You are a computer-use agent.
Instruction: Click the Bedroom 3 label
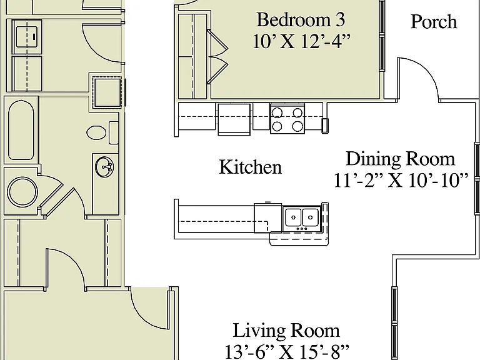click(x=301, y=20)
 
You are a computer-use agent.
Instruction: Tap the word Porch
click(x=434, y=22)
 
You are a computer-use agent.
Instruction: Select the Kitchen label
click(x=251, y=167)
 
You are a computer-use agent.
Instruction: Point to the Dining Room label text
click(x=401, y=159)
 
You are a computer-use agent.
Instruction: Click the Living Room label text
click(x=286, y=331)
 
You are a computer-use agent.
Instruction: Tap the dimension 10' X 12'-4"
click(x=301, y=41)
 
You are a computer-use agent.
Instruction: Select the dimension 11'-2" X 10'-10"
click(x=401, y=180)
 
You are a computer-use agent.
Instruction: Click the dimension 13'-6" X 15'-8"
click(x=287, y=352)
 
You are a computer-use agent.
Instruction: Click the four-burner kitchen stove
click(x=287, y=119)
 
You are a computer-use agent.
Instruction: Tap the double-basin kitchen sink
click(x=302, y=217)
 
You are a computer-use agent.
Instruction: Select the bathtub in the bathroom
click(x=21, y=131)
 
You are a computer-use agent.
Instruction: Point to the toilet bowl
click(x=97, y=133)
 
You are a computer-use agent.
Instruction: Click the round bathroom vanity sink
click(x=104, y=167)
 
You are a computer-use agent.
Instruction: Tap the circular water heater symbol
click(x=22, y=192)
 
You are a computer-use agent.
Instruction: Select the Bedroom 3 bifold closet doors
click(x=217, y=56)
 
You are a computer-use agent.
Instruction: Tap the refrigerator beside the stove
click(x=234, y=119)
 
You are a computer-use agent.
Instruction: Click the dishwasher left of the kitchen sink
click(x=268, y=217)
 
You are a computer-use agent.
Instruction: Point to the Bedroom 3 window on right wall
click(x=382, y=36)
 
